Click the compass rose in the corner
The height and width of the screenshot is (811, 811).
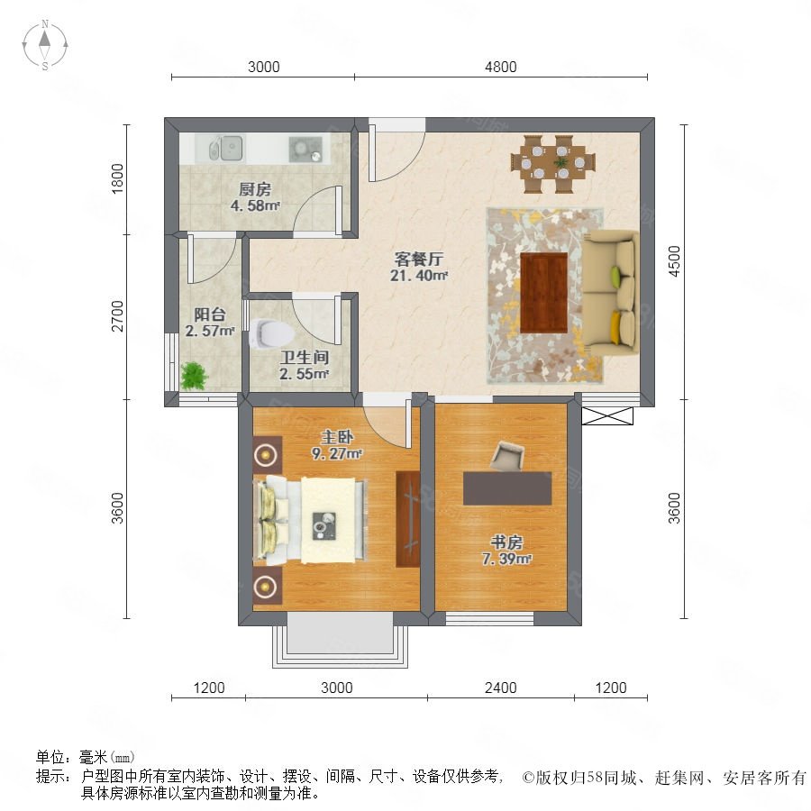coord(45,45)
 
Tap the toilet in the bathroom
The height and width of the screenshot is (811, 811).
coord(271,333)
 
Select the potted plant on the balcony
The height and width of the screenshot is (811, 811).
coord(194,376)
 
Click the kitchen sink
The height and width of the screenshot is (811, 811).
coord(226,149)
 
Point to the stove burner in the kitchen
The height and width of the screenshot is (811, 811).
coord(305,149)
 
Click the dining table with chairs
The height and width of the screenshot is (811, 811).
coord(552,164)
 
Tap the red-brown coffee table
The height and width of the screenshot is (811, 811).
coord(543,292)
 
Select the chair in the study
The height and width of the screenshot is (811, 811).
coord(508,456)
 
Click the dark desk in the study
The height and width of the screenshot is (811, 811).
coord(507,488)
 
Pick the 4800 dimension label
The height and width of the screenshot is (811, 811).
coord(500,67)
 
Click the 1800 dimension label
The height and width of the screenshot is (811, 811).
coord(118,178)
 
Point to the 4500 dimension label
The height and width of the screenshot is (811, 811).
coord(674,261)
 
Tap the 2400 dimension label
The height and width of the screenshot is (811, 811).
coord(500,688)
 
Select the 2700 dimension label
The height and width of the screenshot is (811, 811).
coord(118,316)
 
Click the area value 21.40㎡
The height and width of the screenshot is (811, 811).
coord(419,276)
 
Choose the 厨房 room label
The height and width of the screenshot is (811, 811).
coord(255,189)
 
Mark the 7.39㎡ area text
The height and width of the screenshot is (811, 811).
coord(506,559)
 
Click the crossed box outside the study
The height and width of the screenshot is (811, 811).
coord(607,415)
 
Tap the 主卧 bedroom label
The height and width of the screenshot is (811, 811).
coord(337,437)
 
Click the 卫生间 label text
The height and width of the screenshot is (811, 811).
coord(305,357)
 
